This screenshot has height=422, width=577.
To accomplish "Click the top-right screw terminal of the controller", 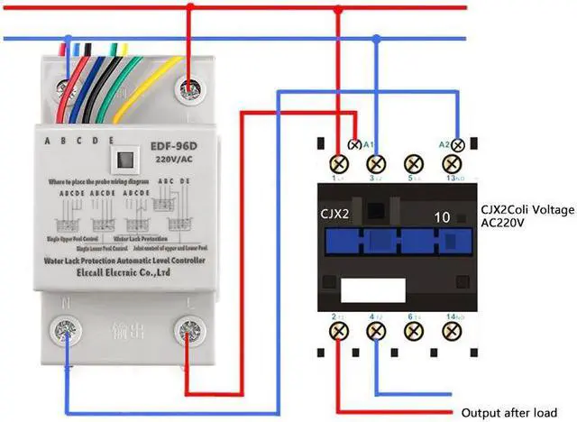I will (188, 87).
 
